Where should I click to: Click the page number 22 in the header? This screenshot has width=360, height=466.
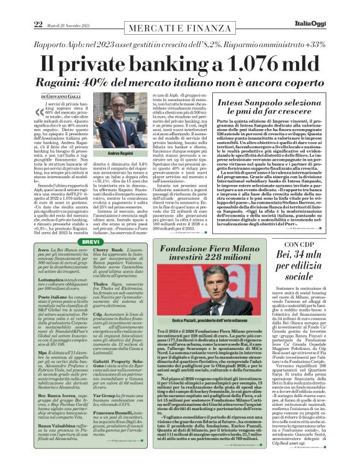(20, 7)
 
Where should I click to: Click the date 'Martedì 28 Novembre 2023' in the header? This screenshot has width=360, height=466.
(55, 8)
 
